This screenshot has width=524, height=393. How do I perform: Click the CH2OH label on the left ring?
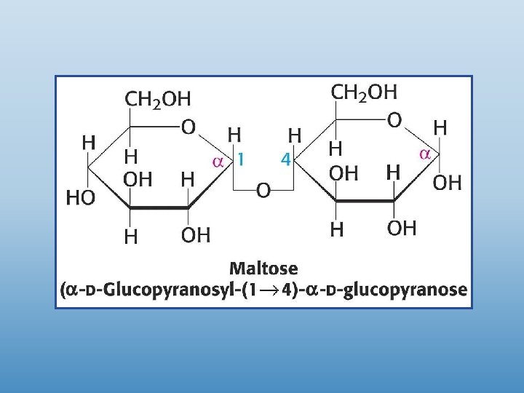pos(158,98)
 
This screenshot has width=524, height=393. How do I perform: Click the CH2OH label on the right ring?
pos(364,92)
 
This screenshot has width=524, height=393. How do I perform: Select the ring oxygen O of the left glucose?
pos(188,127)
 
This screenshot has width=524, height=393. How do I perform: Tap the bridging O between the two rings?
pos(263,191)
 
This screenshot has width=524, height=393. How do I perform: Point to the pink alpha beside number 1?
pos(217,161)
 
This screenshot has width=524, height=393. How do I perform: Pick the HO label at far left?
pos(80,197)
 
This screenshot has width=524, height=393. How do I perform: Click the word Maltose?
pos(263,269)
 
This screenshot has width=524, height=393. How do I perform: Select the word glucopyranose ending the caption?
pos(410,290)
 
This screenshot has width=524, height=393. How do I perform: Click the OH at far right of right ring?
pos(447,183)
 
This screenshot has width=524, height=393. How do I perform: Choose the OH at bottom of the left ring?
pos(195,234)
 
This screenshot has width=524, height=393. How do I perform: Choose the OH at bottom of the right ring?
pos(402,229)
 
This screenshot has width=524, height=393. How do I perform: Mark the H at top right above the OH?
pos(440,128)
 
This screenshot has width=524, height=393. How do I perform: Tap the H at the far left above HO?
pos(88,143)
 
